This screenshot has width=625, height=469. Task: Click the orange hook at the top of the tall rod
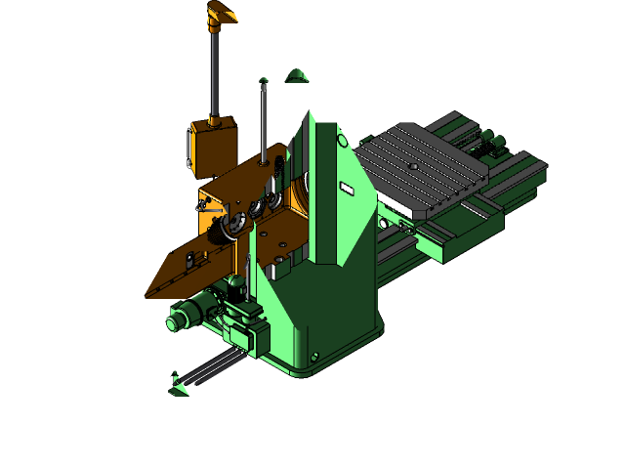click(224, 14)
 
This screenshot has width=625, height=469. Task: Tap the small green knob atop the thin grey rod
click(264, 81)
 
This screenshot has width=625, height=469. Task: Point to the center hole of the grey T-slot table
click(413, 167)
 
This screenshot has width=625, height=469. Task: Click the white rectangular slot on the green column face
click(346, 188)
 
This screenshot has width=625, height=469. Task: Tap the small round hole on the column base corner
click(314, 357)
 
